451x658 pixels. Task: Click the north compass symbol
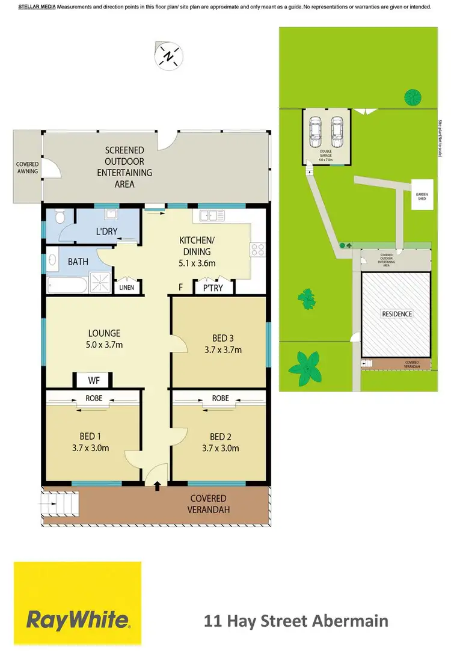[x=169, y=57]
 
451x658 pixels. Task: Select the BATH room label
[x=78, y=262]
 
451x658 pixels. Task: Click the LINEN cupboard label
[x=127, y=288]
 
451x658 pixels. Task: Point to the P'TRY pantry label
[x=213, y=288]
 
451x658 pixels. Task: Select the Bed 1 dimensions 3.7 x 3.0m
[x=92, y=448]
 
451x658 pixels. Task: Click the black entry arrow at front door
[x=158, y=486]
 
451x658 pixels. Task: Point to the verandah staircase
[x=60, y=505]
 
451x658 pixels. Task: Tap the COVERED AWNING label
[x=28, y=168]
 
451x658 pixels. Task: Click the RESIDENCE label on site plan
[x=396, y=314]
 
